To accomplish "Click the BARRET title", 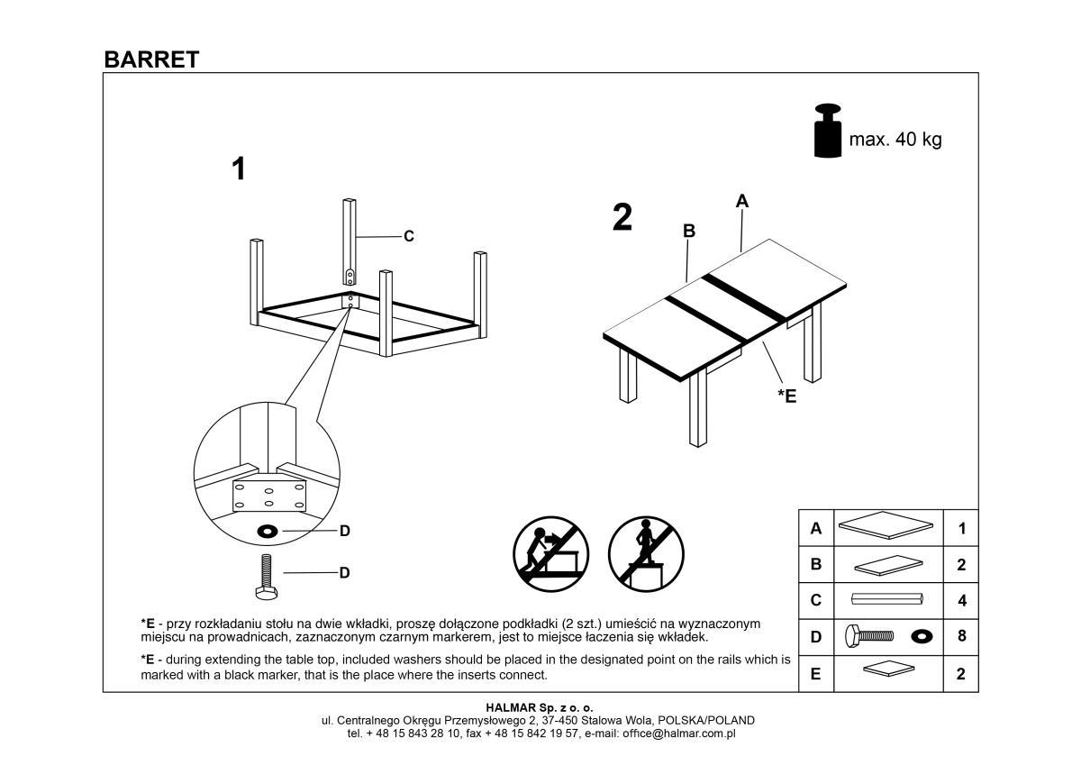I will pos(151,59).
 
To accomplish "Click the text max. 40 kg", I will pos(895,140).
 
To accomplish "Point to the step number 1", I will pos(238,168).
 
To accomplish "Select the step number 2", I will pos(622,217).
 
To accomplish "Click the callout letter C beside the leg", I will pos(408,236).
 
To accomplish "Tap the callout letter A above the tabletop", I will pos(742,201).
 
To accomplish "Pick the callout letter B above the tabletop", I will pos(689,231).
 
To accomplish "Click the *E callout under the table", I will pos(786,395).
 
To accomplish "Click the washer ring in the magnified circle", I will pos(268,531).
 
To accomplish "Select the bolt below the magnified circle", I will pos(267,576).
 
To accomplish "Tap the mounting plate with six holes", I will pos(269,496).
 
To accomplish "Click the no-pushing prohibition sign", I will pos(550,553).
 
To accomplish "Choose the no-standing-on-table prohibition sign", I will pos(646,553).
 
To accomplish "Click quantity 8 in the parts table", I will pos(961,636).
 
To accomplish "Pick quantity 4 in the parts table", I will pos(961,600).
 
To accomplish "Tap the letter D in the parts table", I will pos(816,637).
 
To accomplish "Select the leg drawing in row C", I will pos(887,599).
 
